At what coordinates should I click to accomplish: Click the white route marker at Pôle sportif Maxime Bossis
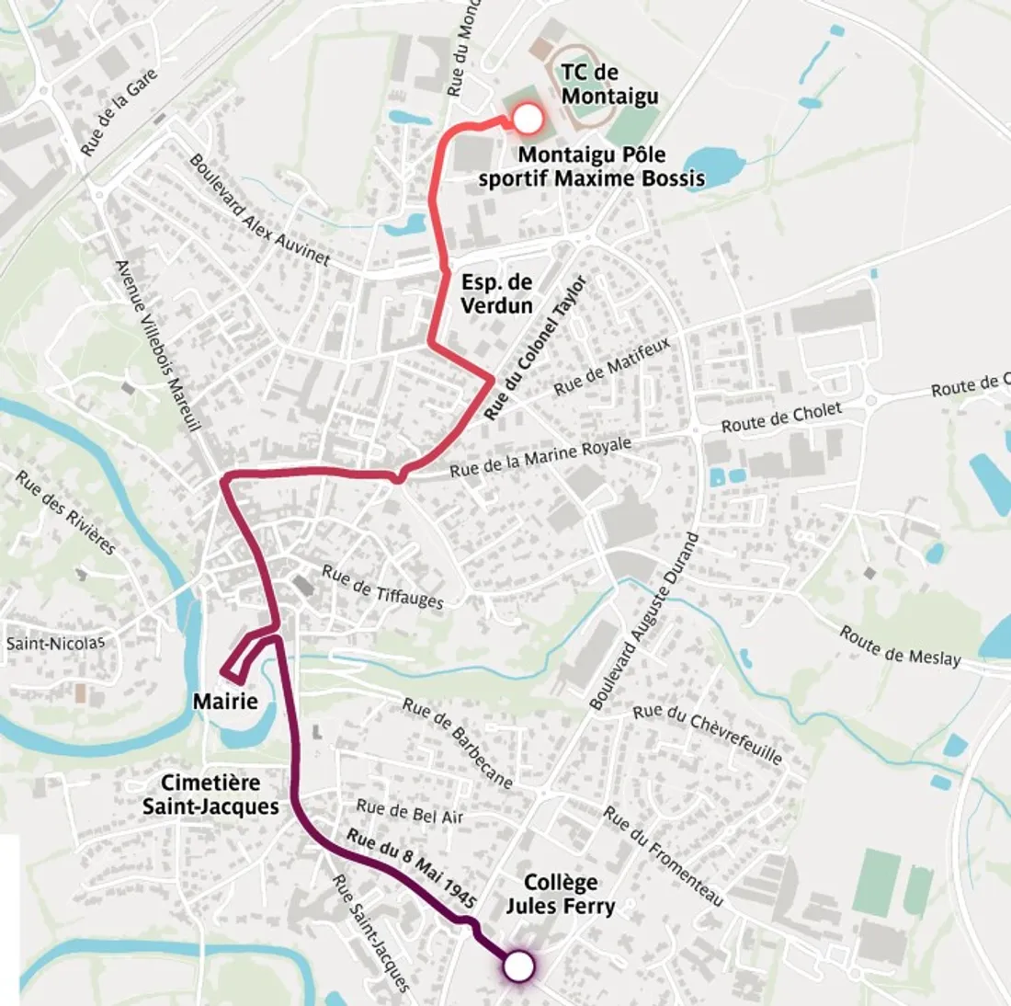pyautogui.click(x=528, y=120)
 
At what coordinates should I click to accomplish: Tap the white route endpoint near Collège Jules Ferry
pyautogui.click(x=518, y=966)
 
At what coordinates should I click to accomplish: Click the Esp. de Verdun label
pyautogui.click(x=496, y=294)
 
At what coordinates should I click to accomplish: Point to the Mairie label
pyautogui.click(x=225, y=703)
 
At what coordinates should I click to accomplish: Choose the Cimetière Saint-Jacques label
pyautogui.click(x=210, y=795)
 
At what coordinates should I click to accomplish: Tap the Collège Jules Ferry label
pyautogui.click(x=560, y=895)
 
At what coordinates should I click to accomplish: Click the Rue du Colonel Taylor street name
pyautogui.click(x=535, y=349)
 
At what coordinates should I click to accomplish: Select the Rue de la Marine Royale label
pyautogui.click(x=540, y=458)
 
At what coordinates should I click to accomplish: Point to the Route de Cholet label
pyautogui.click(x=781, y=417)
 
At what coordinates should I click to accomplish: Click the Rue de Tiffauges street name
pyautogui.click(x=382, y=587)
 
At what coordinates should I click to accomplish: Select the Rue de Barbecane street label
pyautogui.click(x=457, y=743)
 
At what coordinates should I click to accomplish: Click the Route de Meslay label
pyautogui.click(x=900, y=646)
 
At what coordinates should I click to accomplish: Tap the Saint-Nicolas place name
pyautogui.click(x=55, y=643)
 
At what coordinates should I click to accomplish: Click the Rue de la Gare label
pyautogui.click(x=119, y=112)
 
